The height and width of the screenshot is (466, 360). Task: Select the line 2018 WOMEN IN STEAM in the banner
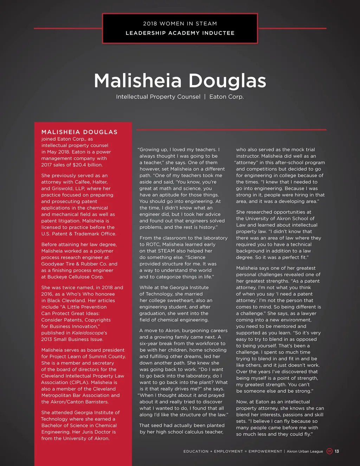(x=180, y=24)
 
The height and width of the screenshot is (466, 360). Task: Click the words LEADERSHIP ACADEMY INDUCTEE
(x=180, y=33)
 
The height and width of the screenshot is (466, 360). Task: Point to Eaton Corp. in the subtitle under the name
(x=226, y=97)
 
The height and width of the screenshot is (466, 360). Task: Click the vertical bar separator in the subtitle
(x=205, y=97)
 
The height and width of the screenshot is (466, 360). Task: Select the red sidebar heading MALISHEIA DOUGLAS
(x=79, y=132)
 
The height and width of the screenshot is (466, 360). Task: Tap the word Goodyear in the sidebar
(x=53, y=264)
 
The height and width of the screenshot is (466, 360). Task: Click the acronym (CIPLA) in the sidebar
(x=79, y=383)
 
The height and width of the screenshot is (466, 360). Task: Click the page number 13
(x=337, y=451)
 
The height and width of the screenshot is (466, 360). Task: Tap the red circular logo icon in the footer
(x=329, y=451)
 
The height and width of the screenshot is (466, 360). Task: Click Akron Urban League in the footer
(x=305, y=451)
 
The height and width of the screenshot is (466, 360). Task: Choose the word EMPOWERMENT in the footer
(x=265, y=451)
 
